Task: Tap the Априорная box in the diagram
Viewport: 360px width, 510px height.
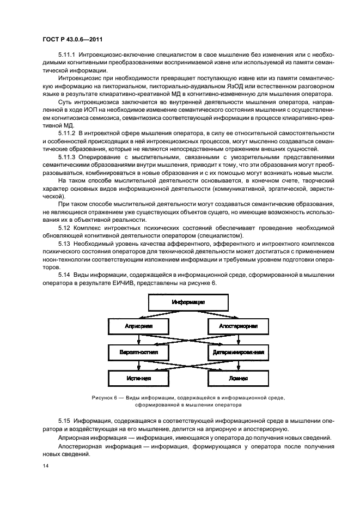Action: click(138, 327)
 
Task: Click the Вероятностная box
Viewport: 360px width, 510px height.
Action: click(138, 352)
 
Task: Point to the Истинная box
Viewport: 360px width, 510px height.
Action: click(138, 377)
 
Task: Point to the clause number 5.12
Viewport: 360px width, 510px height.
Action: click(65, 227)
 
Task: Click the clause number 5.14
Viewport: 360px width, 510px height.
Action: click(65, 276)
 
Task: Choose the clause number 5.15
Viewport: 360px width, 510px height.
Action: click(65, 421)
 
